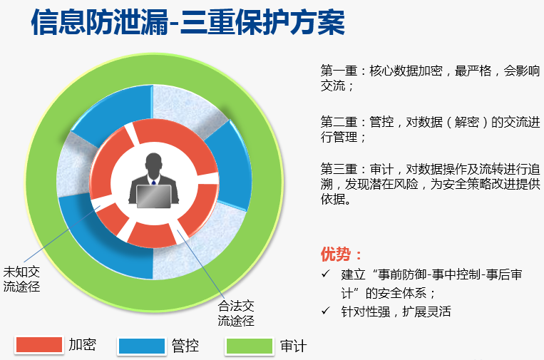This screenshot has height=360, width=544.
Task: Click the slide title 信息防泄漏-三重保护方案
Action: pyautogui.click(x=188, y=23)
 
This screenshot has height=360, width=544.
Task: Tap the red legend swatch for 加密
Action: pyautogui.click(x=39, y=345)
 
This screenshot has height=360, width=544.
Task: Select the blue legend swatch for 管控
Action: pyautogui.click(x=142, y=346)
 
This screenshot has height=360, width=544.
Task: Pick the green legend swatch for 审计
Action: pyautogui.click(x=250, y=346)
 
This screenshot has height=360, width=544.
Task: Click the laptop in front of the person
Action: pyautogui.click(x=154, y=196)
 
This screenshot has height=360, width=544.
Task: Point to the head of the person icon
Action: pyautogui.click(x=154, y=165)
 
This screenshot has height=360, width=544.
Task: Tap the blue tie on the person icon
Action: pyautogui.click(x=154, y=182)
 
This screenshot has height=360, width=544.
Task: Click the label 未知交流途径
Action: pyautogui.click(x=21, y=279)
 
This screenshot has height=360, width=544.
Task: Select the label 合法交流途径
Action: pyautogui.click(x=236, y=313)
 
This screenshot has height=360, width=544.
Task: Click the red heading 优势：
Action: pyautogui.click(x=341, y=254)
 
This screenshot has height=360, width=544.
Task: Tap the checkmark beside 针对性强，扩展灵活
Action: pyautogui.click(x=325, y=310)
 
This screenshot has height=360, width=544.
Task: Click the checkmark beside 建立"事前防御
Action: pyautogui.click(x=325, y=274)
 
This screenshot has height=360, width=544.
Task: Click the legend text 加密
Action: pyautogui.click(x=82, y=344)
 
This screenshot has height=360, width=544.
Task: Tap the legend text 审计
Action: pyautogui.click(x=294, y=346)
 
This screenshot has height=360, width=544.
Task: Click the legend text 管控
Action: pyautogui.click(x=185, y=346)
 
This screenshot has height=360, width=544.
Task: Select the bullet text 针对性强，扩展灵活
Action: pyautogui.click(x=396, y=312)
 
